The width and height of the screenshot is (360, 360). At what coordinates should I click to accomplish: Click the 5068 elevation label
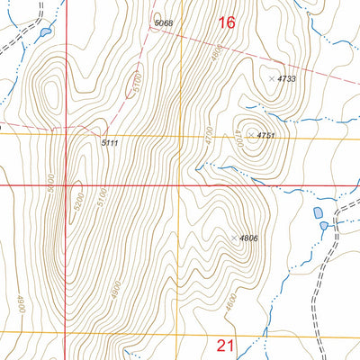(x=164, y=22)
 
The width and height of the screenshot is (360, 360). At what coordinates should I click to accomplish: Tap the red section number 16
(x=227, y=22)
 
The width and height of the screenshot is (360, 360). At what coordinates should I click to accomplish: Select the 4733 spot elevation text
(x=287, y=79)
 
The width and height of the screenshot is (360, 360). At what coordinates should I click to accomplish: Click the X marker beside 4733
(x=273, y=79)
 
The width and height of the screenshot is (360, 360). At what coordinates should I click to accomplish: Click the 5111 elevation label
(x=110, y=143)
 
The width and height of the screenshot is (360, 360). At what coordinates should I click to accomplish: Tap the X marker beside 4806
(x=235, y=238)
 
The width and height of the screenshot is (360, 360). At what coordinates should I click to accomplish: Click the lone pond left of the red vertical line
(x=42, y=34)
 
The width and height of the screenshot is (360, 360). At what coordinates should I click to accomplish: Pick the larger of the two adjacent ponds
(x=318, y=214)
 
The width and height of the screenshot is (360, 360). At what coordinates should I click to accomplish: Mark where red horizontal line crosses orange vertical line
(x=180, y=186)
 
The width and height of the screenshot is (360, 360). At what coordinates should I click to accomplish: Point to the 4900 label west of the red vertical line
(x=19, y=303)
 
